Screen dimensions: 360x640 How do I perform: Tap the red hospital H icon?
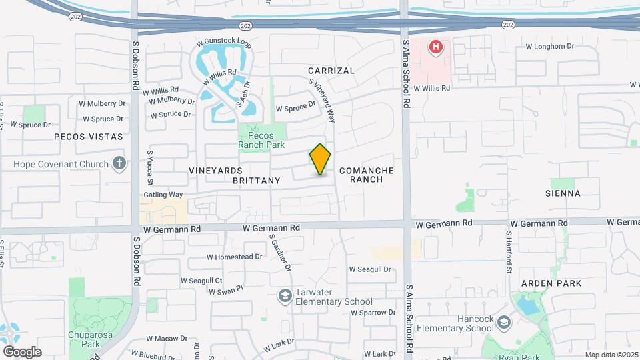coord(435,47)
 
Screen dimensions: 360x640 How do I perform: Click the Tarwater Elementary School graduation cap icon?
coord(285,295)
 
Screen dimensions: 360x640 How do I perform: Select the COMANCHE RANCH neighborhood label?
coord(367,175)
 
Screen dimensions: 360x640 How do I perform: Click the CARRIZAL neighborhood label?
coord(331,71)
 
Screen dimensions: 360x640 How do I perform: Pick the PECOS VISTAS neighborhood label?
coord(90,137)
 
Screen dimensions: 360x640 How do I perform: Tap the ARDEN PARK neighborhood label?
coord(551,283)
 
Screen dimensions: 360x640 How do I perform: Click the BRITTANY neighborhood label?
coord(257,181)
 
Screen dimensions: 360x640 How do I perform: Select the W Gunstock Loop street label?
coord(223,42)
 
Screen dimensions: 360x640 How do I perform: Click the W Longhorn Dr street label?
coord(550,46)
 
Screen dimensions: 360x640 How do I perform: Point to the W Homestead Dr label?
coord(234,257)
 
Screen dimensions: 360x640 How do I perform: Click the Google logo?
coord(22,351)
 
